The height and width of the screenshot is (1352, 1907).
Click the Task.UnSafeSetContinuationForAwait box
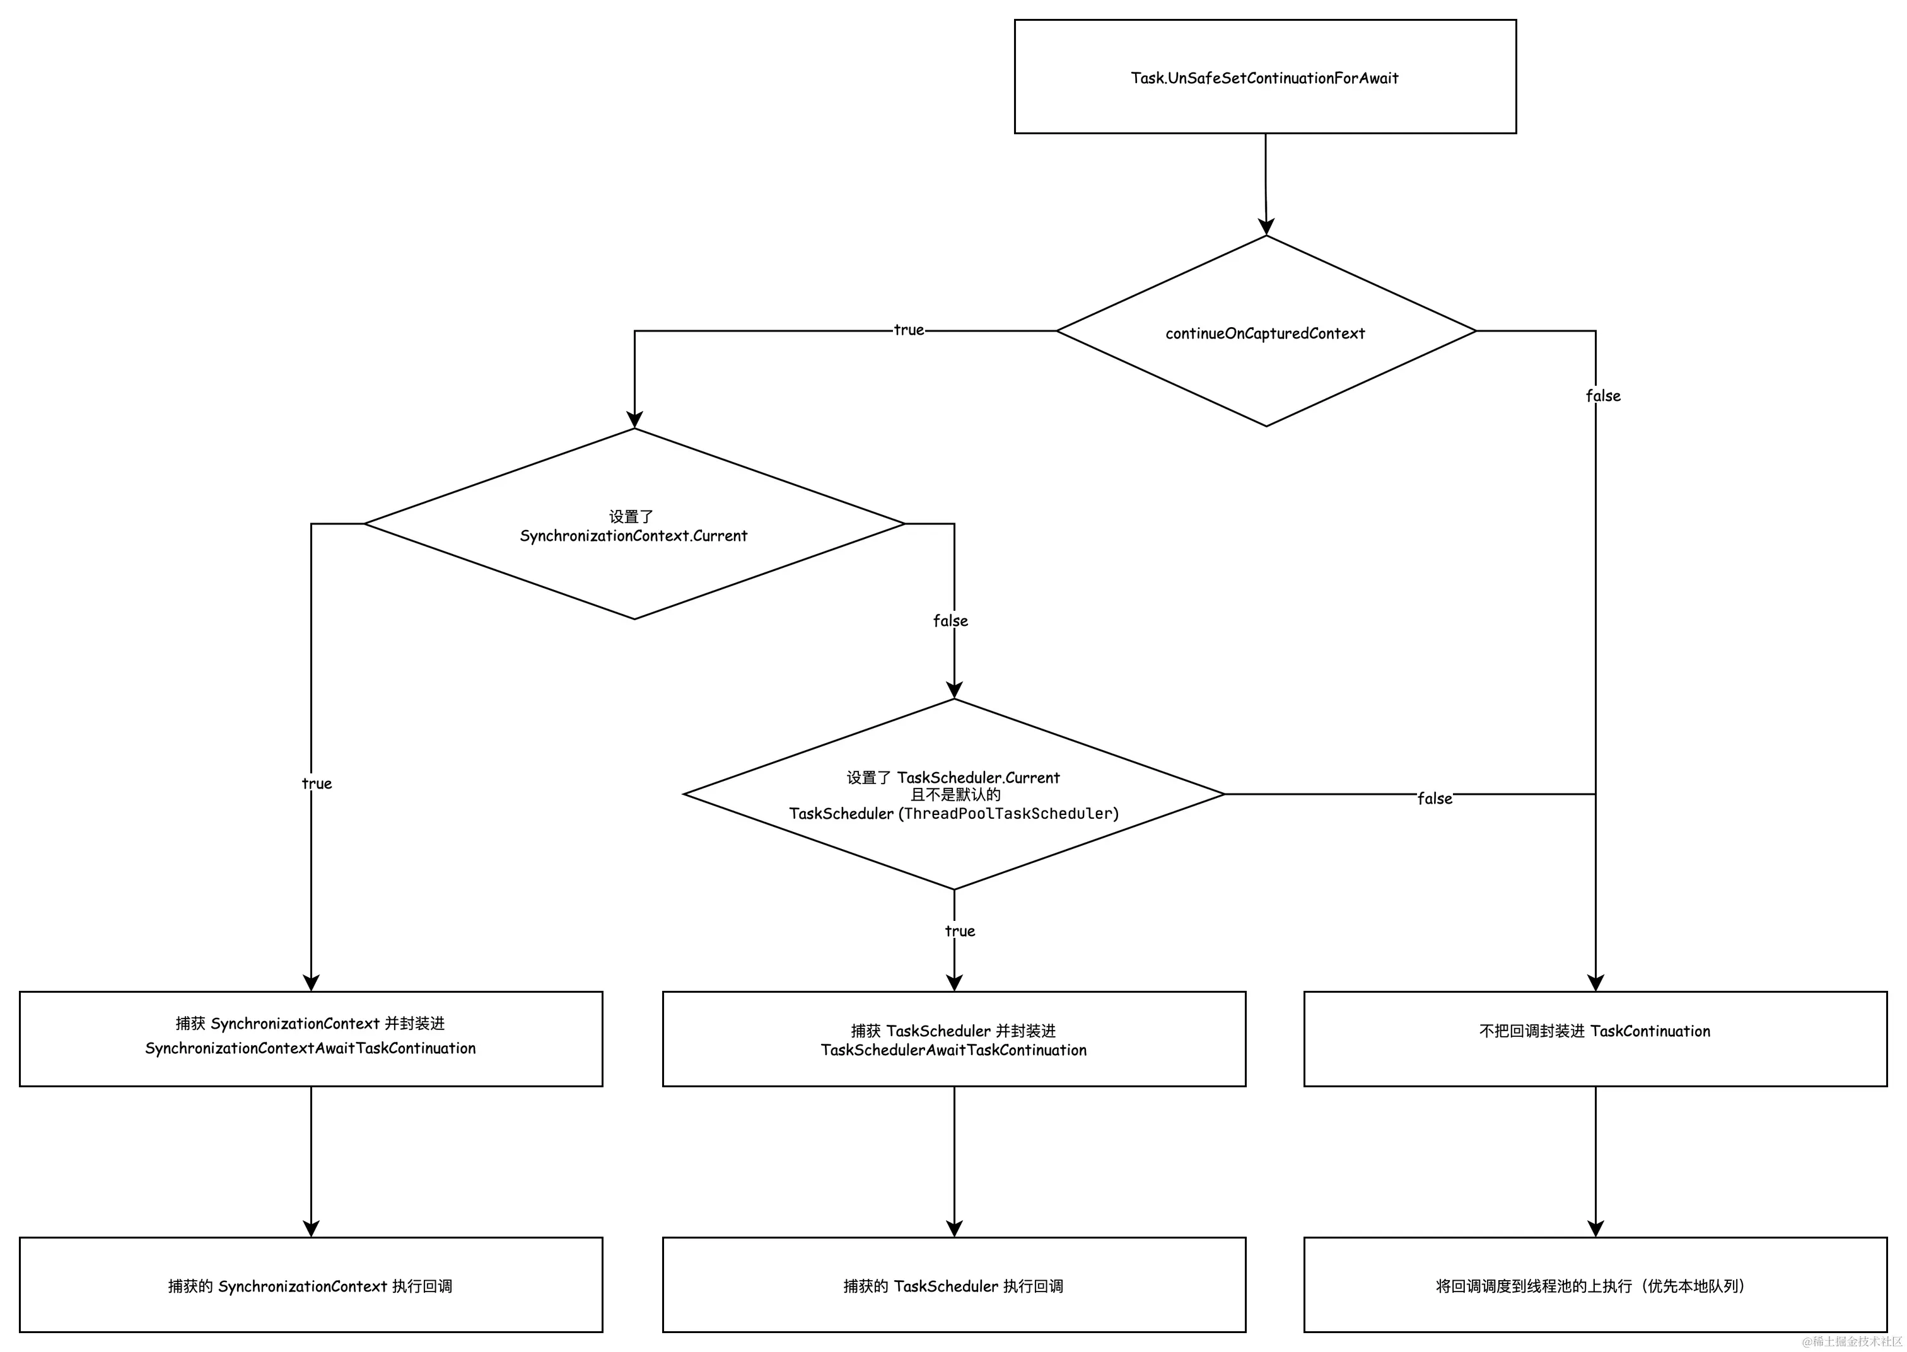coord(1264,77)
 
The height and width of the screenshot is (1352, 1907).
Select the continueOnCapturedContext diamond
coord(1265,332)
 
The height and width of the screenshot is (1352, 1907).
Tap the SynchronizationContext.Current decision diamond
coord(634,524)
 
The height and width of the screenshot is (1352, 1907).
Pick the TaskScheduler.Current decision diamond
coord(953,795)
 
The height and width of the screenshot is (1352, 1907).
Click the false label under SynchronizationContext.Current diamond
coord(950,621)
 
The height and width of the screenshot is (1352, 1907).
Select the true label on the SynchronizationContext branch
coord(317,783)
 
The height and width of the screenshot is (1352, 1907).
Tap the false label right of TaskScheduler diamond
coord(1434,799)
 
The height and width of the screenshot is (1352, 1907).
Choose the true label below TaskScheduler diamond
coord(959,931)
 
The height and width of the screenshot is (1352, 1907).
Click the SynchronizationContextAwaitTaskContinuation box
coord(311,1038)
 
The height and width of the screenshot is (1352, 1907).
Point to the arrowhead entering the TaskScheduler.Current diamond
coord(954,690)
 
